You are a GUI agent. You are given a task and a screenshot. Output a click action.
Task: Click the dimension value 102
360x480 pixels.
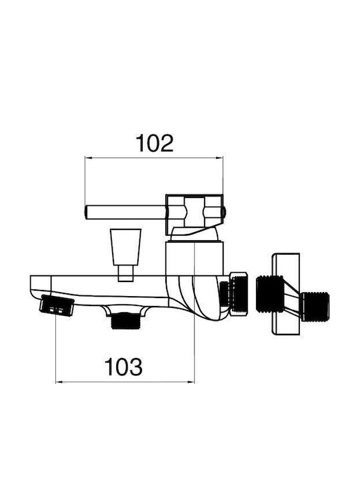[x=155, y=143]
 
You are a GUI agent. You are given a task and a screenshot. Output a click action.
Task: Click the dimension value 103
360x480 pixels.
[x=123, y=367]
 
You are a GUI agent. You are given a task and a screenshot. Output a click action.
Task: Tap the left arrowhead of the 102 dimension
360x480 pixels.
[x=89, y=158]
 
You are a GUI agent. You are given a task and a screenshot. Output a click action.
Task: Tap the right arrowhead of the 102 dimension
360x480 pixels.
[x=219, y=158]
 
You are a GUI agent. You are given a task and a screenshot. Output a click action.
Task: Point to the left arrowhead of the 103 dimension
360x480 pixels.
[x=59, y=382]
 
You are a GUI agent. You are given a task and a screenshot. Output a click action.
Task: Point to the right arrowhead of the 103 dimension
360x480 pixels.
[x=191, y=382]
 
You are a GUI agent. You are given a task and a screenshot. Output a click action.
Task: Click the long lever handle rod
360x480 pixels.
[x=125, y=213]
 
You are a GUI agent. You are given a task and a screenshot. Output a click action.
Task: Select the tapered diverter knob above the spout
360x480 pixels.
[x=126, y=247]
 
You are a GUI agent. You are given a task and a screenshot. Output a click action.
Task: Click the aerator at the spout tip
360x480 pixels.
[x=57, y=305]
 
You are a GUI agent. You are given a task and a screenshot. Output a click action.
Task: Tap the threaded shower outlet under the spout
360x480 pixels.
[x=126, y=321]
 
